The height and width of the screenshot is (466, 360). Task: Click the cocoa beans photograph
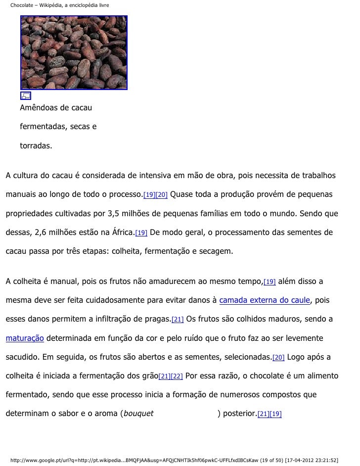click(74, 52)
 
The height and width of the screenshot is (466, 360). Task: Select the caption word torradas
click(36, 146)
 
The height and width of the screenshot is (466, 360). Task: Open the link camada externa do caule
click(264, 300)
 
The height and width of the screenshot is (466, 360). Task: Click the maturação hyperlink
click(25, 338)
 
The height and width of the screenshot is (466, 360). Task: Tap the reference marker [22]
click(177, 376)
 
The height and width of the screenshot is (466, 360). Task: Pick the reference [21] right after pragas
click(178, 320)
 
